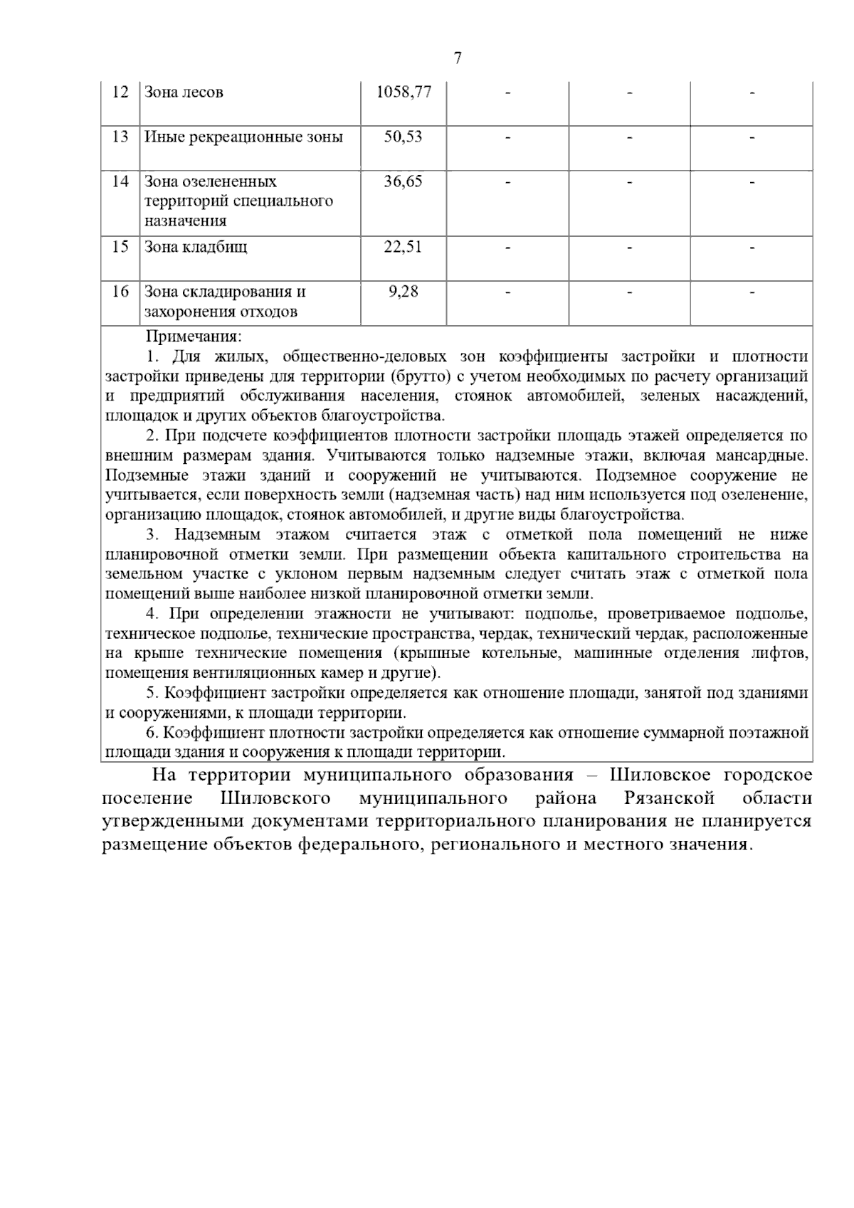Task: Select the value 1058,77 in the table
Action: pos(403,92)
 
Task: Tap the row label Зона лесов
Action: pos(184,92)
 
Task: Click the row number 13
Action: pos(120,137)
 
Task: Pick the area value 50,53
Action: pos(403,137)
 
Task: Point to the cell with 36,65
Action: pos(403,181)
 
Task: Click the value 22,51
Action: pos(403,247)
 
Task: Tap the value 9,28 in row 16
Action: pos(403,292)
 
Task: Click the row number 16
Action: pos(120,292)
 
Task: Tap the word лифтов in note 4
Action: pos(782,653)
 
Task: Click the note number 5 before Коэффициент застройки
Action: pos(151,693)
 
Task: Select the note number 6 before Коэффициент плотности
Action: pos(151,733)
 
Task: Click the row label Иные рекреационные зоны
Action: pos(243,137)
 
